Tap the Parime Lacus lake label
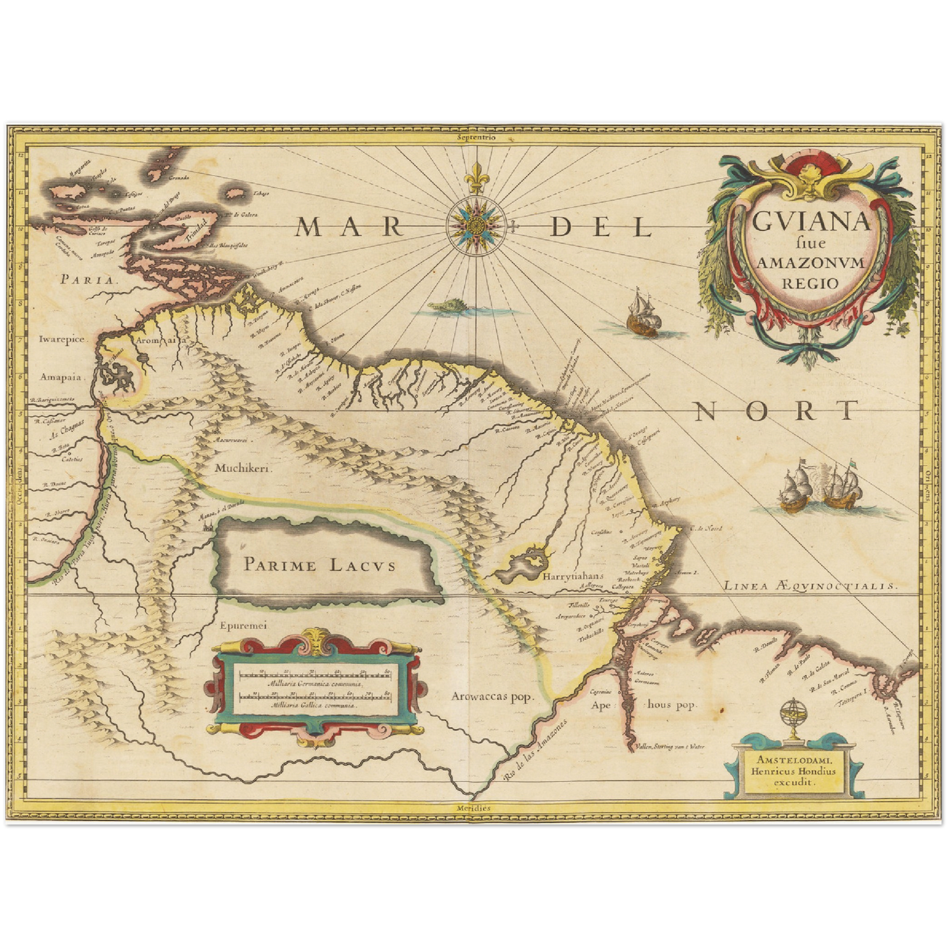click(x=319, y=564)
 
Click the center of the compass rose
click(x=475, y=226)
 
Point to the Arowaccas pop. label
click(x=492, y=697)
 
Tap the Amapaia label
click(x=62, y=377)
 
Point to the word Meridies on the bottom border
click(x=474, y=808)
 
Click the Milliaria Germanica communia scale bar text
click(x=314, y=684)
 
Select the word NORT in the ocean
click(x=775, y=411)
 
